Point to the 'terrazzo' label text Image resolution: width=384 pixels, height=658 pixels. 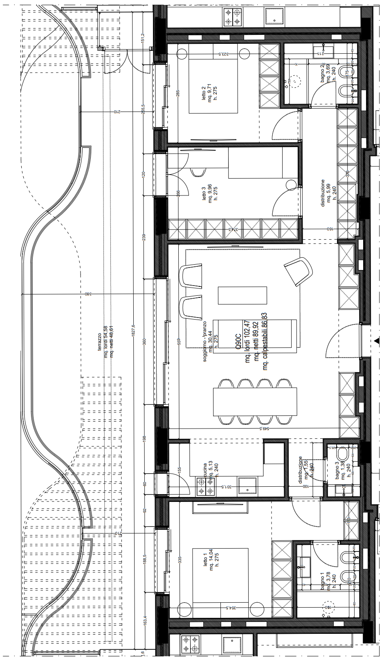(x=100, y=341)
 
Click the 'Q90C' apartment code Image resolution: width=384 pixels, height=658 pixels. (x=238, y=341)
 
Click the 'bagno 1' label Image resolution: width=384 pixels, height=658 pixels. (x=323, y=583)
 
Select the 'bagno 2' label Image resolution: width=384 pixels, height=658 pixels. (x=323, y=73)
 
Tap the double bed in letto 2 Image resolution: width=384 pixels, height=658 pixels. (x=213, y=85)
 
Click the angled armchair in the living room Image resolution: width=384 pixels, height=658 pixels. (x=299, y=270)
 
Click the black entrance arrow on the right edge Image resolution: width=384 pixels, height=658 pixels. (x=376, y=340)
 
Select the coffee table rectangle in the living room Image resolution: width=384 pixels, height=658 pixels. (x=242, y=295)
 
